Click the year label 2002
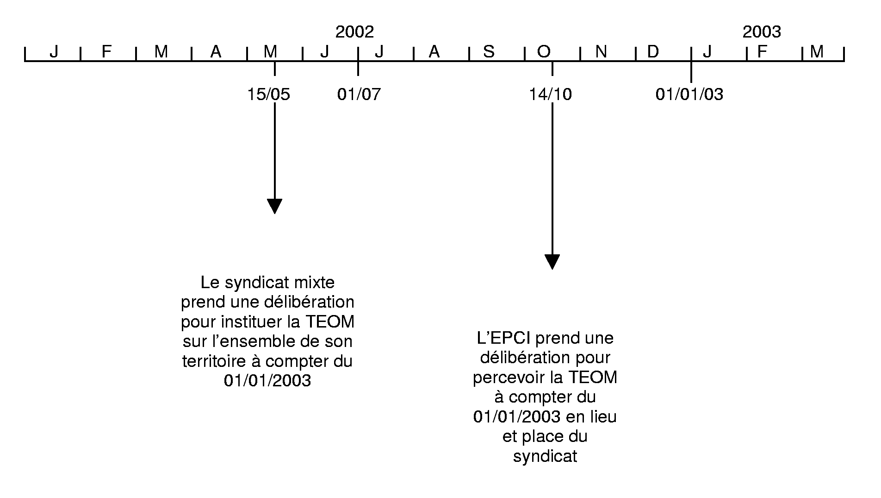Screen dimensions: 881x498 (354, 32)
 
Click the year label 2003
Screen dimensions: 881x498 (762, 32)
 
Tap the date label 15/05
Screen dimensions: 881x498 (268, 95)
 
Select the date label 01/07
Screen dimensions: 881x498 (359, 95)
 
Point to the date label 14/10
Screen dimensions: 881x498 (551, 95)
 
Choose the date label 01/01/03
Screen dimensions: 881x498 (689, 95)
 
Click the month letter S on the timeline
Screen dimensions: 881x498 (489, 51)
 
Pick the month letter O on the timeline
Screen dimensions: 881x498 (544, 51)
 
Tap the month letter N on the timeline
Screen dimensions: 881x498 (601, 51)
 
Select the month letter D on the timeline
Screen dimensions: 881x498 (652, 51)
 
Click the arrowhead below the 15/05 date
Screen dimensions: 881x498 (275, 206)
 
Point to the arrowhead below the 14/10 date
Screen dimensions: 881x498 (552, 262)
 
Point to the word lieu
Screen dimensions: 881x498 (603, 416)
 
